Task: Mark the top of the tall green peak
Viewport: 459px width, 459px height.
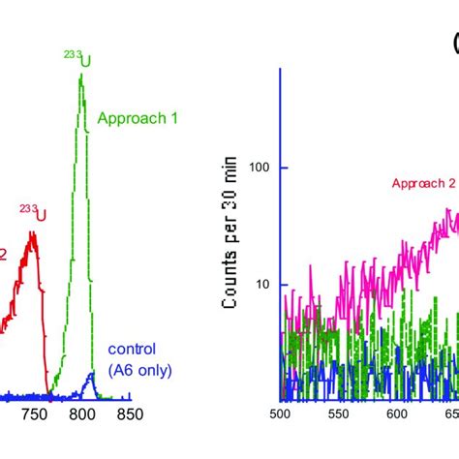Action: click(81, 76)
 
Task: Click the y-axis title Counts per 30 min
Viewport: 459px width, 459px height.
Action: click(230, 245)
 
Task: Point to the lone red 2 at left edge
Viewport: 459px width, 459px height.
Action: click(3, 254)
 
